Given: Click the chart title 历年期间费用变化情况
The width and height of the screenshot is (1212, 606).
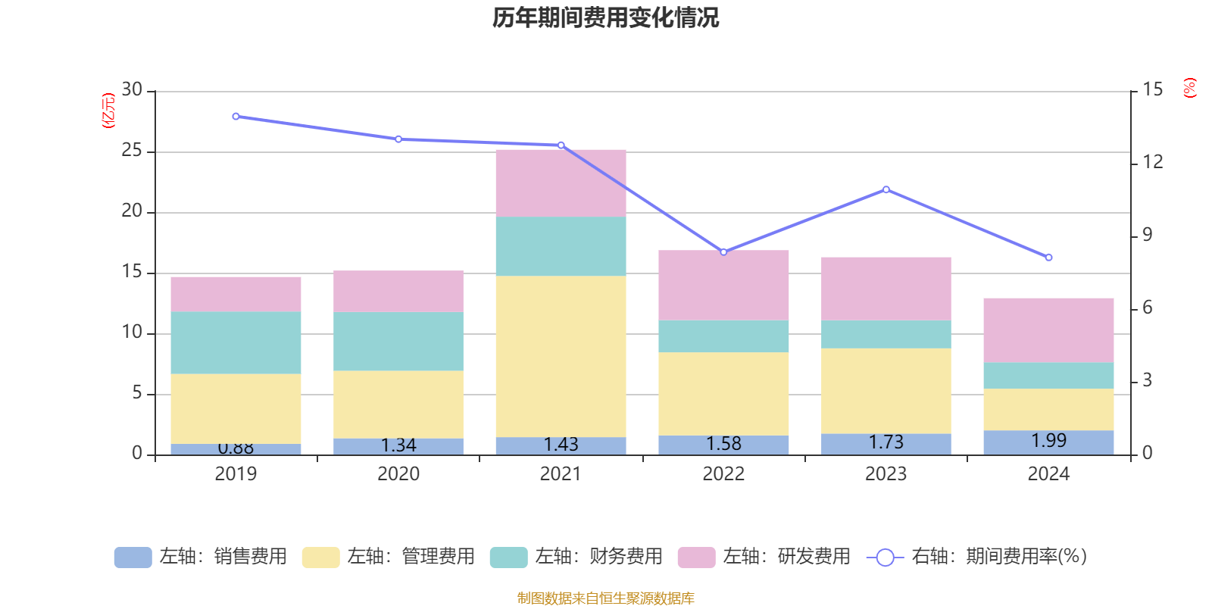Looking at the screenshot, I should pos(605,18).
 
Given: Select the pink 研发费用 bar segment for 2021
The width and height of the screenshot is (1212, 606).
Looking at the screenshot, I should pos(561,183).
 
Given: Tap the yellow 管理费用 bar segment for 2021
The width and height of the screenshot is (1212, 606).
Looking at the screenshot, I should pos(561,356).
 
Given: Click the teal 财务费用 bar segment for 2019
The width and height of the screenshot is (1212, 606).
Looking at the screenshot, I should pos(236,342).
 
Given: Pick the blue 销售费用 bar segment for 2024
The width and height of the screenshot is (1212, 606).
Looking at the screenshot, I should pos(1048,442).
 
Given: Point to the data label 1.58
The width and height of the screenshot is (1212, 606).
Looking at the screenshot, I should pos(723,444).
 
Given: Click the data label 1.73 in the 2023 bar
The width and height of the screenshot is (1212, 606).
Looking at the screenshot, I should pos(886,442).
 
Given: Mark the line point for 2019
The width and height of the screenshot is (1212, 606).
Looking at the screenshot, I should pos(236,117).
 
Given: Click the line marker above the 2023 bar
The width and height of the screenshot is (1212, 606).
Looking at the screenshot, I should pos(886,189).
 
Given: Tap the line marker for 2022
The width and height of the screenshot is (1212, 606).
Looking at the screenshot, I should pos(723,251).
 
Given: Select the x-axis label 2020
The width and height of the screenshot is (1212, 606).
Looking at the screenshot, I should pos(398,474).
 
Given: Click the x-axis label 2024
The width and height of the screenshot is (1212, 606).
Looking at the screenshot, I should pos(1048,474).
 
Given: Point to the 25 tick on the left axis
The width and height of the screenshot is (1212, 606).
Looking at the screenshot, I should pos(132,151).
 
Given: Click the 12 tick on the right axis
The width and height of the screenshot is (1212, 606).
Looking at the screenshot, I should pos(1153,162).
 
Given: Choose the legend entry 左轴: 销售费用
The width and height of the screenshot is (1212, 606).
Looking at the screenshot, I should pos(201,557).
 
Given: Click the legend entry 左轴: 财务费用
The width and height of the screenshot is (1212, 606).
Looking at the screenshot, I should pos(576,557).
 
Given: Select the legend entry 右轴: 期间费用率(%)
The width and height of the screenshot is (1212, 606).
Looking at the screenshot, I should pos(977,557).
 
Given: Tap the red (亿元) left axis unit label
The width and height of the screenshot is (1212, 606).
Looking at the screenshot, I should pos(108,111).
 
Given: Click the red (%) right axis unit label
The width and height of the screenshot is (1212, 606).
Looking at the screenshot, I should pos(1189,88).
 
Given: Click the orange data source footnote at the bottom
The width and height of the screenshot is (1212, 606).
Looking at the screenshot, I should pos(605,598).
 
